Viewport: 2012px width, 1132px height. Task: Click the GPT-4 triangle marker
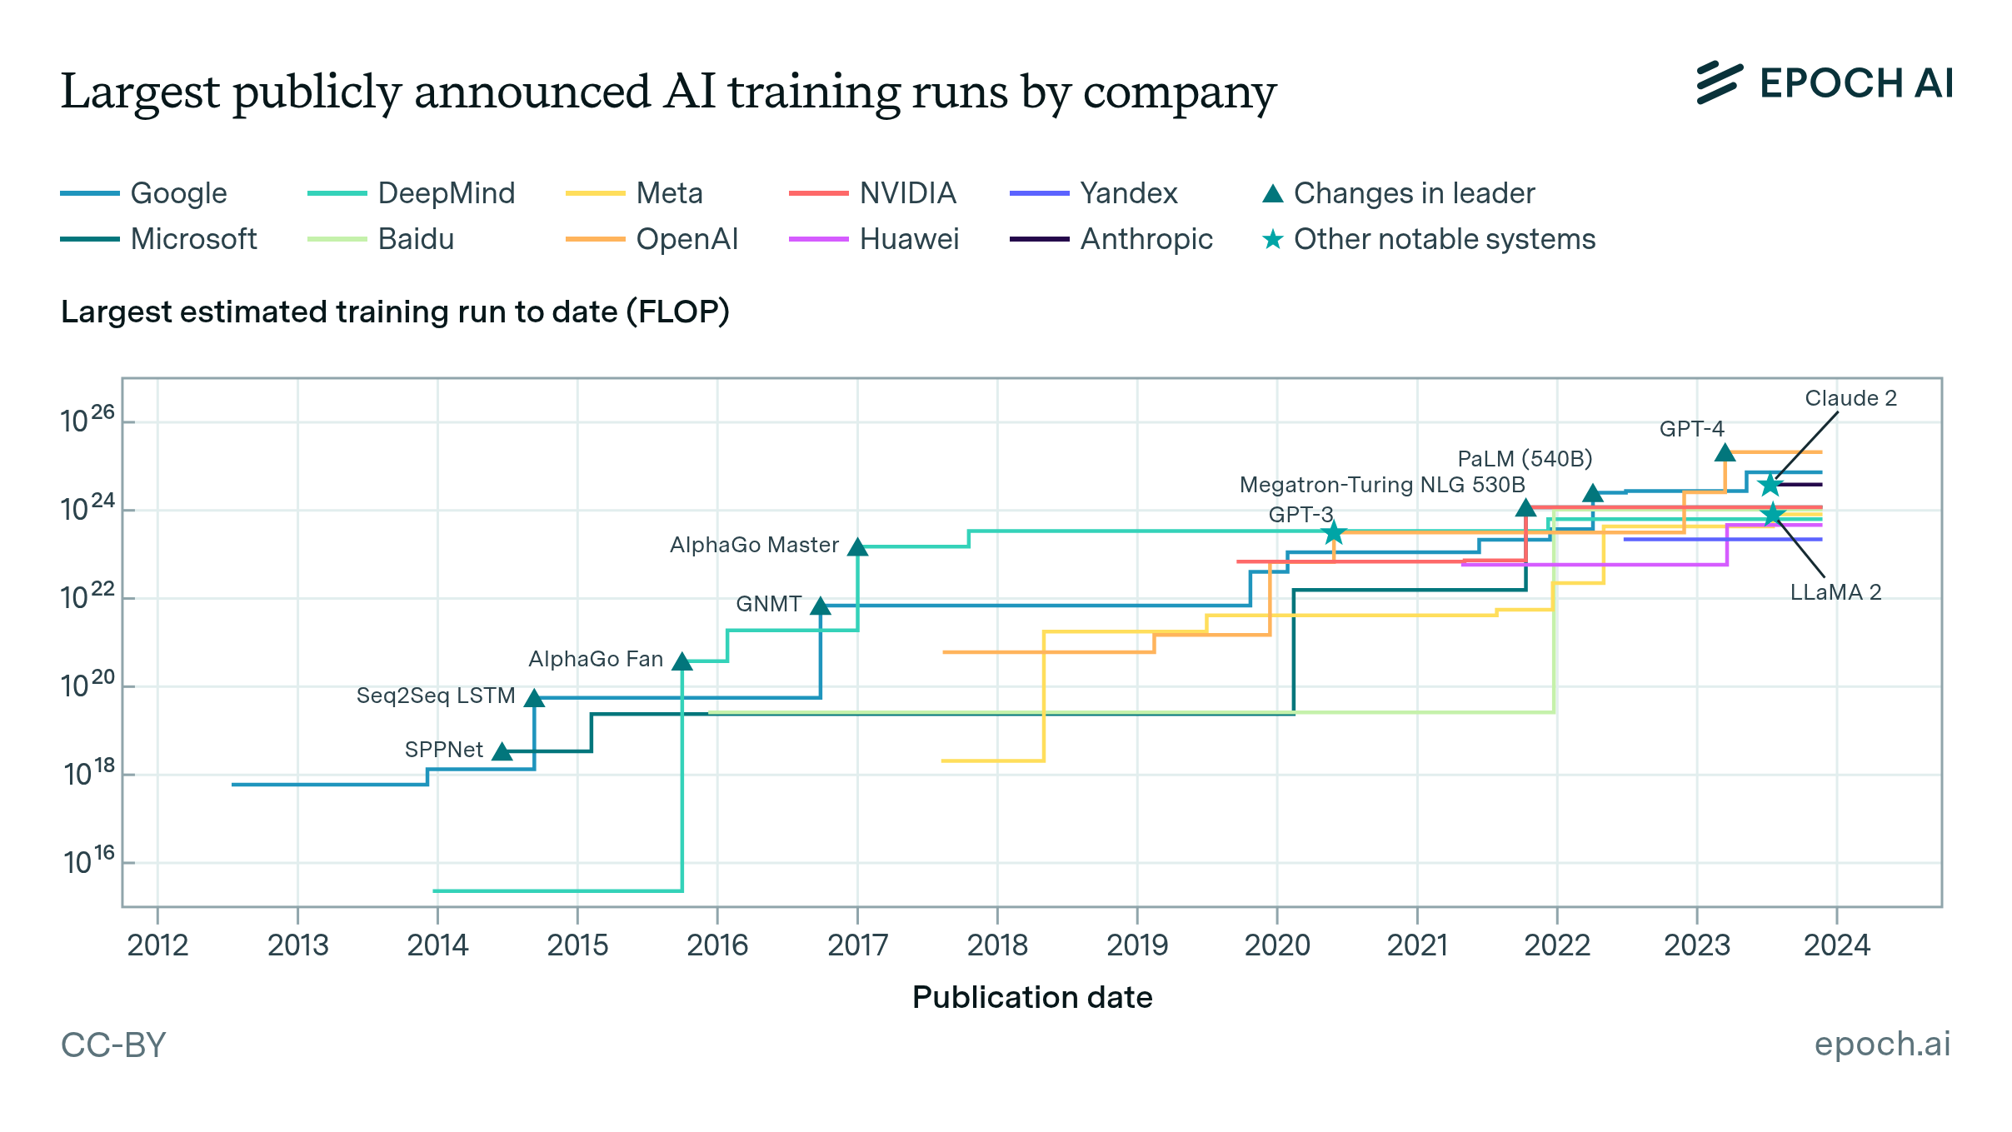point(1725,453)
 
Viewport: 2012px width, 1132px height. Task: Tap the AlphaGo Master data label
point(754,545)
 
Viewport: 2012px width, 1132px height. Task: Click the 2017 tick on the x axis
point(857,945)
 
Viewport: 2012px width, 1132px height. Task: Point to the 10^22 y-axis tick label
point(87,596)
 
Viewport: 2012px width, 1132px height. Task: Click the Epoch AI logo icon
point(1719,82)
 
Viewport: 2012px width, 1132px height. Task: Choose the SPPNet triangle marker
point(502,752)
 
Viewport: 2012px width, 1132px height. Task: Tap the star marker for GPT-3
point(1333,532)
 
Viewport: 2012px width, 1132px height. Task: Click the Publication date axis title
point(1031,997)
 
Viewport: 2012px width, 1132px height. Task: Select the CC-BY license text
point(113,1045)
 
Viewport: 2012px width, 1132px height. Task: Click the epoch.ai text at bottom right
point(1882,1044)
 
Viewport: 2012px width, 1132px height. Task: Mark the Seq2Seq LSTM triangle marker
point(534,699)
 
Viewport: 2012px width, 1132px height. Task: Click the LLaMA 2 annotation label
point(1835,592)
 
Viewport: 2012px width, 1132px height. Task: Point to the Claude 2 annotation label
point(1850,398)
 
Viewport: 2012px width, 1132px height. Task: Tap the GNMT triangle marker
point(820,606)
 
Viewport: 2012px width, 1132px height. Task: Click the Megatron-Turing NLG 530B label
point(1381,485)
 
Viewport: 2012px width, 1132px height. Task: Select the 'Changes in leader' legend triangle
point(1272,194)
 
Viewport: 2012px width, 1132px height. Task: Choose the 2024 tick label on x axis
point(1836,945)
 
